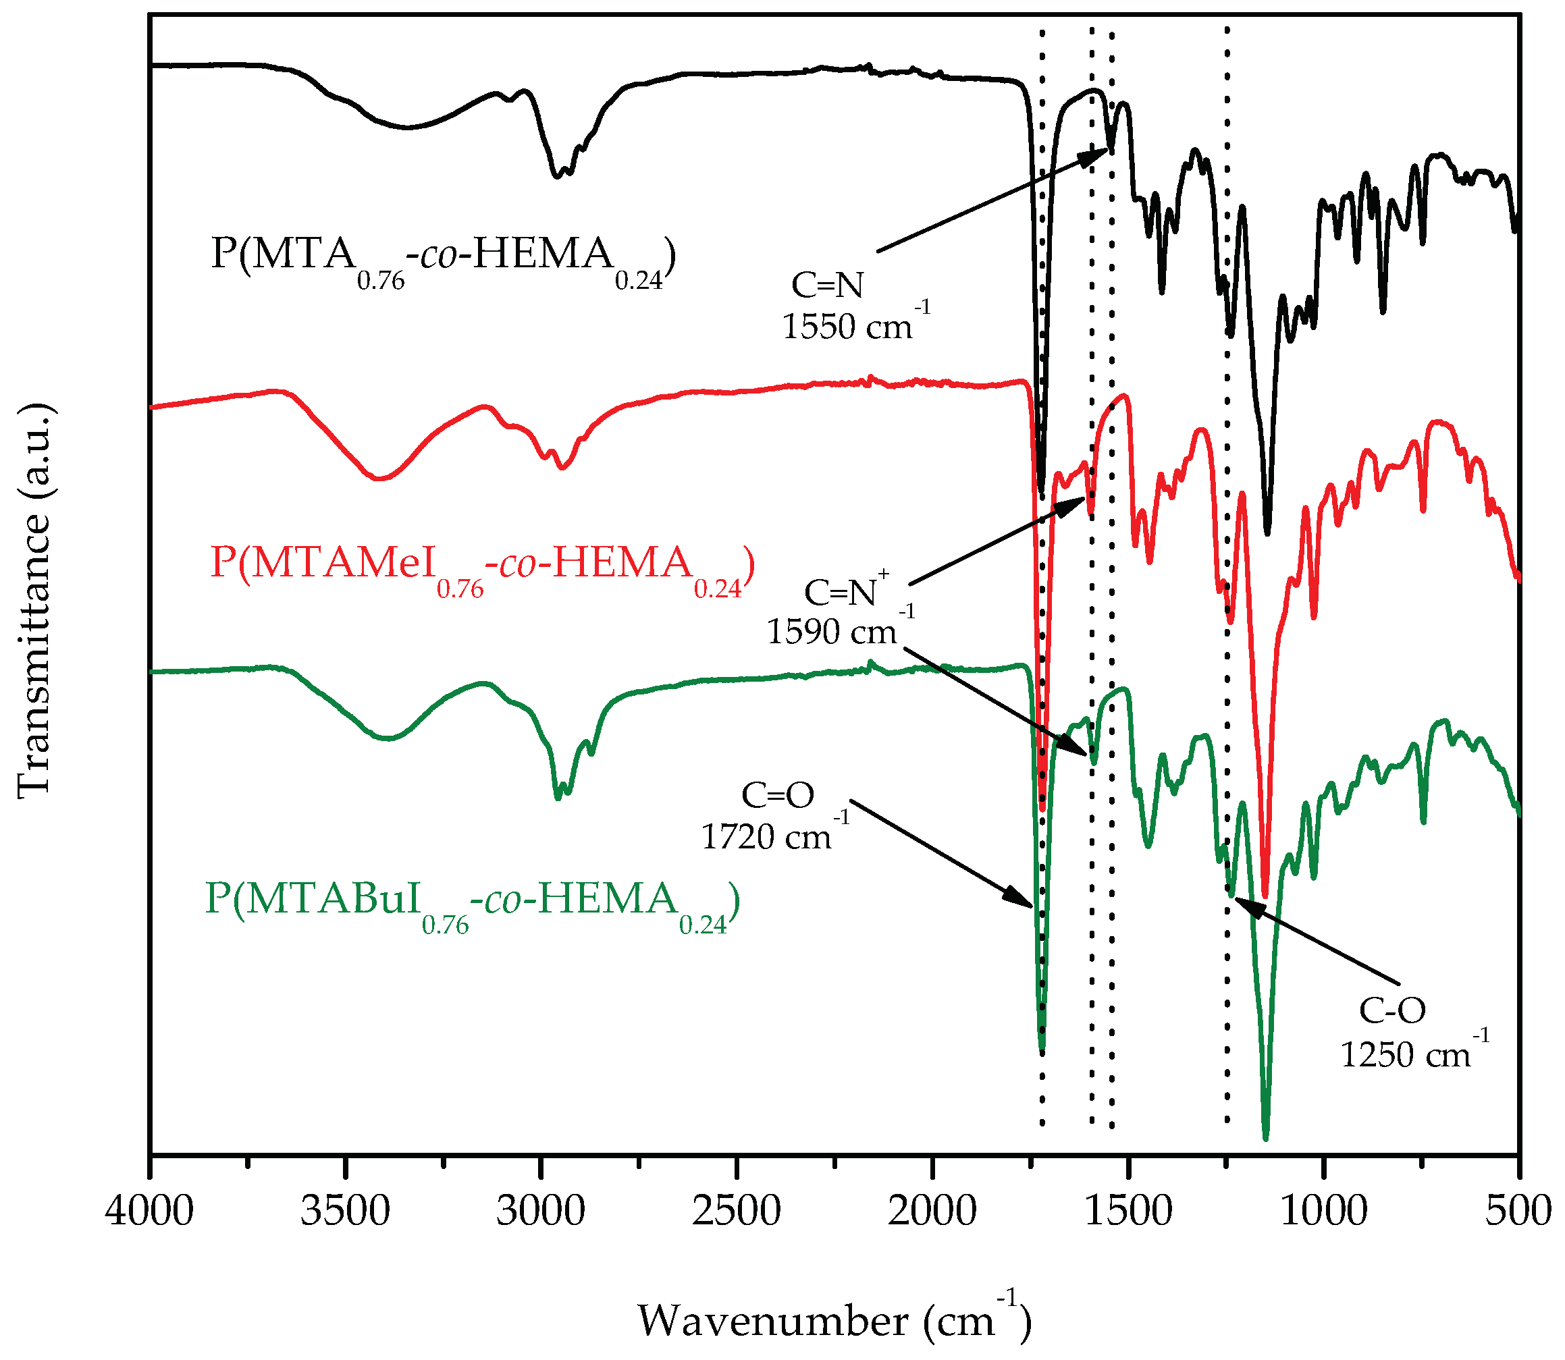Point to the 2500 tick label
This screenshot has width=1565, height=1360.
736,1212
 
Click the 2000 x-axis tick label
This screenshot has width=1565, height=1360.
932,1212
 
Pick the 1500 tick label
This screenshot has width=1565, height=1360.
1128,1212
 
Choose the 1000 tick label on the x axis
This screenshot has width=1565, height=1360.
1324,1212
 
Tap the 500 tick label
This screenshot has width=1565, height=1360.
1518,1212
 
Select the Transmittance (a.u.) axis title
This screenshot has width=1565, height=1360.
34,599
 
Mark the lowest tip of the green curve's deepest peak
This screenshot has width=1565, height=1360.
1265,1139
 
